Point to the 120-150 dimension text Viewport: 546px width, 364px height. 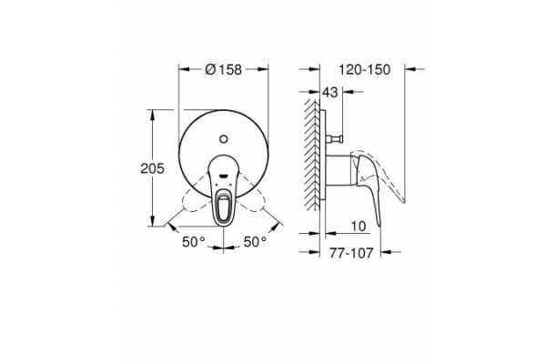[361, 67]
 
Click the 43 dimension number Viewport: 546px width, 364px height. [330, 92]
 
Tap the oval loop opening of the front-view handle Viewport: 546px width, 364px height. [224, 208]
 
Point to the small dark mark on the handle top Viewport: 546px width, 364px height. [224, 170]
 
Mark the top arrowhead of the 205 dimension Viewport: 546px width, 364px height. [150, 114]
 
